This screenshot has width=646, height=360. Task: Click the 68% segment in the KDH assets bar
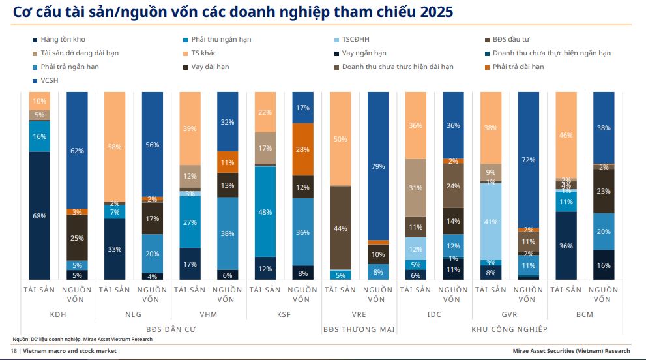(40, 215)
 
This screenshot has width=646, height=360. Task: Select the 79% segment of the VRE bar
(378, 166)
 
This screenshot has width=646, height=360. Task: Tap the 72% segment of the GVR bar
(529, 159)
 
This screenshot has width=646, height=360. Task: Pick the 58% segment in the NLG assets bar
(115, 147)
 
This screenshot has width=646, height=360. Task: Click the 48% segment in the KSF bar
(265, 211)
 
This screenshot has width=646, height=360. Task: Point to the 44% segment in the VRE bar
(340, 228)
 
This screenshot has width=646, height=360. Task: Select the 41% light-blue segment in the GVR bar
(491, 221)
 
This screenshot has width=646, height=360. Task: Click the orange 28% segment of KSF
(302, 149)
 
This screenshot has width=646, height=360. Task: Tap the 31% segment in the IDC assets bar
(416, 188)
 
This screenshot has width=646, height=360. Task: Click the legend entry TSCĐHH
(355, 40)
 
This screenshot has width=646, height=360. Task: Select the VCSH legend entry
(50, 81)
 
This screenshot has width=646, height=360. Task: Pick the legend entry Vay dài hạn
(209, 67)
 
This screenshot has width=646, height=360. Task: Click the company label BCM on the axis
(585, 314)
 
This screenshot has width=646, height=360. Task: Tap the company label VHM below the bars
(209, 314)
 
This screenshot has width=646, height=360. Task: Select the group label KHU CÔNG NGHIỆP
(510, 329)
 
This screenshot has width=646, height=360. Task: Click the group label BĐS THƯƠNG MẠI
(359, 329)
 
